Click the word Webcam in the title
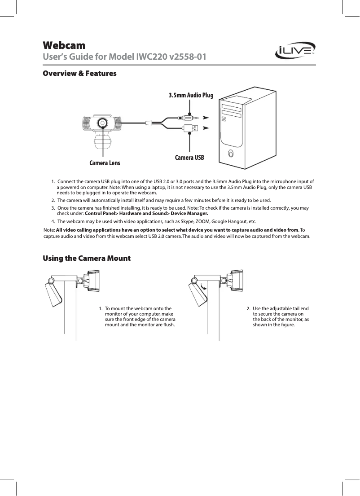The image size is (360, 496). (64, 45)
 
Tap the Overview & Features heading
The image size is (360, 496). (79, 73)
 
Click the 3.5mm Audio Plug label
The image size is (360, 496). (191, 95)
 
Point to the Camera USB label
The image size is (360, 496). (189, 158)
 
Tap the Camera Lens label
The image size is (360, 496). (105, 162)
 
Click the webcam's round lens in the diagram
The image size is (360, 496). (103, 123)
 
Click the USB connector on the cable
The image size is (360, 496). (189, 128)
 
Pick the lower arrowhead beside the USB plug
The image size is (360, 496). (206, 128)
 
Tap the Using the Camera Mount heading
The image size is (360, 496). (86, 259)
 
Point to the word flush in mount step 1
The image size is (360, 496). (169, 324)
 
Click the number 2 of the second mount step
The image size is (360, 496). (248, 308)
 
